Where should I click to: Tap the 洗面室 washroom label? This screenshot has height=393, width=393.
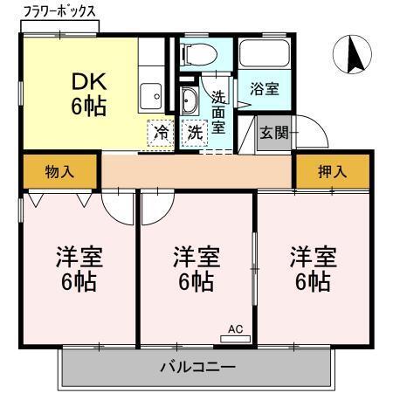click(217, 113)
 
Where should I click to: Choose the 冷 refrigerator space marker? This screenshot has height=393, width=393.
click(162, 133)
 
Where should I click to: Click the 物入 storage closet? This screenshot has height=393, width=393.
click(59, 171)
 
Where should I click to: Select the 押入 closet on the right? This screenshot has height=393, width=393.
click(332, 171)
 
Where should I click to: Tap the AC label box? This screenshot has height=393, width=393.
click(234, 329)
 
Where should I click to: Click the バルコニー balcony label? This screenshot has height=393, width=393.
click(196, 367)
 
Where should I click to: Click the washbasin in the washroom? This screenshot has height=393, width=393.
click(190, 100)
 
